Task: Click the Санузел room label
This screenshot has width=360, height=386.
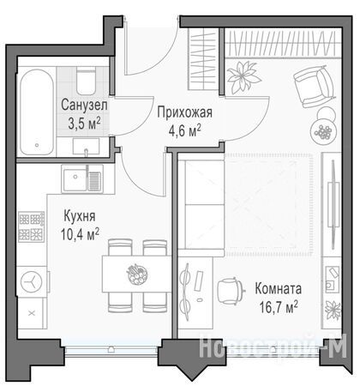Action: coord(84,105)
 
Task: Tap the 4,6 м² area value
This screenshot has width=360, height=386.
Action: coord(185,130)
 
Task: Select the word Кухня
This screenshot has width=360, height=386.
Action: coord(80,216)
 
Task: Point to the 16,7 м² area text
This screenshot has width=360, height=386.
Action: coord(279,307)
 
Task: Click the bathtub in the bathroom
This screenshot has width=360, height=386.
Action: coord(37,112)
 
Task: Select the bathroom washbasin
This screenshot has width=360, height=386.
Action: coord(86,147)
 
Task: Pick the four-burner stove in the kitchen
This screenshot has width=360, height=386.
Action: coord(32,226)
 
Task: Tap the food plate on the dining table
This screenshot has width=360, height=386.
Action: coord(137,274)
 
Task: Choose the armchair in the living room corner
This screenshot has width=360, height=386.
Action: coord(315,86)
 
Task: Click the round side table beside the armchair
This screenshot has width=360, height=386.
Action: coord(323,129)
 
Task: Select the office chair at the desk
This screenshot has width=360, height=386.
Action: coord(231,291)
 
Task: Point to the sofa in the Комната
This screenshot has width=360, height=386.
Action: coord(201,204)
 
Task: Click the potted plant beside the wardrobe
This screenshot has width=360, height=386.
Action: coord(243,76)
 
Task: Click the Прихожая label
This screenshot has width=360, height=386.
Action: coord(185,112)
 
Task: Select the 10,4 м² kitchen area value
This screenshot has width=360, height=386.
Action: coord(80,234)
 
